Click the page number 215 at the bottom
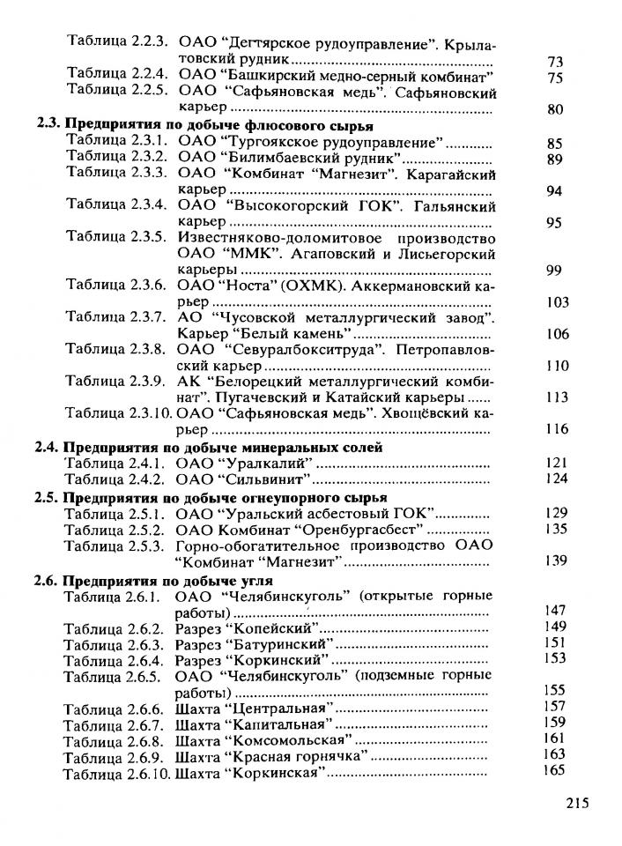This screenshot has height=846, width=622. point(574,803)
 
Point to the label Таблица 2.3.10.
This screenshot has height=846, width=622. point(118,412)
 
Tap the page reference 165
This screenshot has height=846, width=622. point(554,770)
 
